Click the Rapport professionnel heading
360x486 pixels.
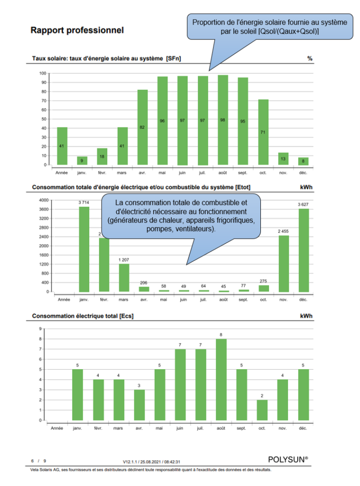point(77,31)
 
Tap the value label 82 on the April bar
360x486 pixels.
point(142,127)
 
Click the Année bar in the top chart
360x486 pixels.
point(62,146)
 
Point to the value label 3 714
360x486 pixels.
point(83,203)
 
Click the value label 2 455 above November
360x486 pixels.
point(284,231)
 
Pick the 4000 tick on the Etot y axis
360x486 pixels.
point(43,200)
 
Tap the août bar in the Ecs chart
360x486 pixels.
point(221,380)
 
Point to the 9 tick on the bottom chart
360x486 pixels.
point(39,329)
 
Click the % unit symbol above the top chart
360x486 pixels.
point(310,59)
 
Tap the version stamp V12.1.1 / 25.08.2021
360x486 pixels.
point(152,461)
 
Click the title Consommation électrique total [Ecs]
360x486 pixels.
point(86,316)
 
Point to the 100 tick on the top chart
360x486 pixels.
point(43,74)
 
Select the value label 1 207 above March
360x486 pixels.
point(123,260)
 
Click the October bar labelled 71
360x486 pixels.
point(263,132)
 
